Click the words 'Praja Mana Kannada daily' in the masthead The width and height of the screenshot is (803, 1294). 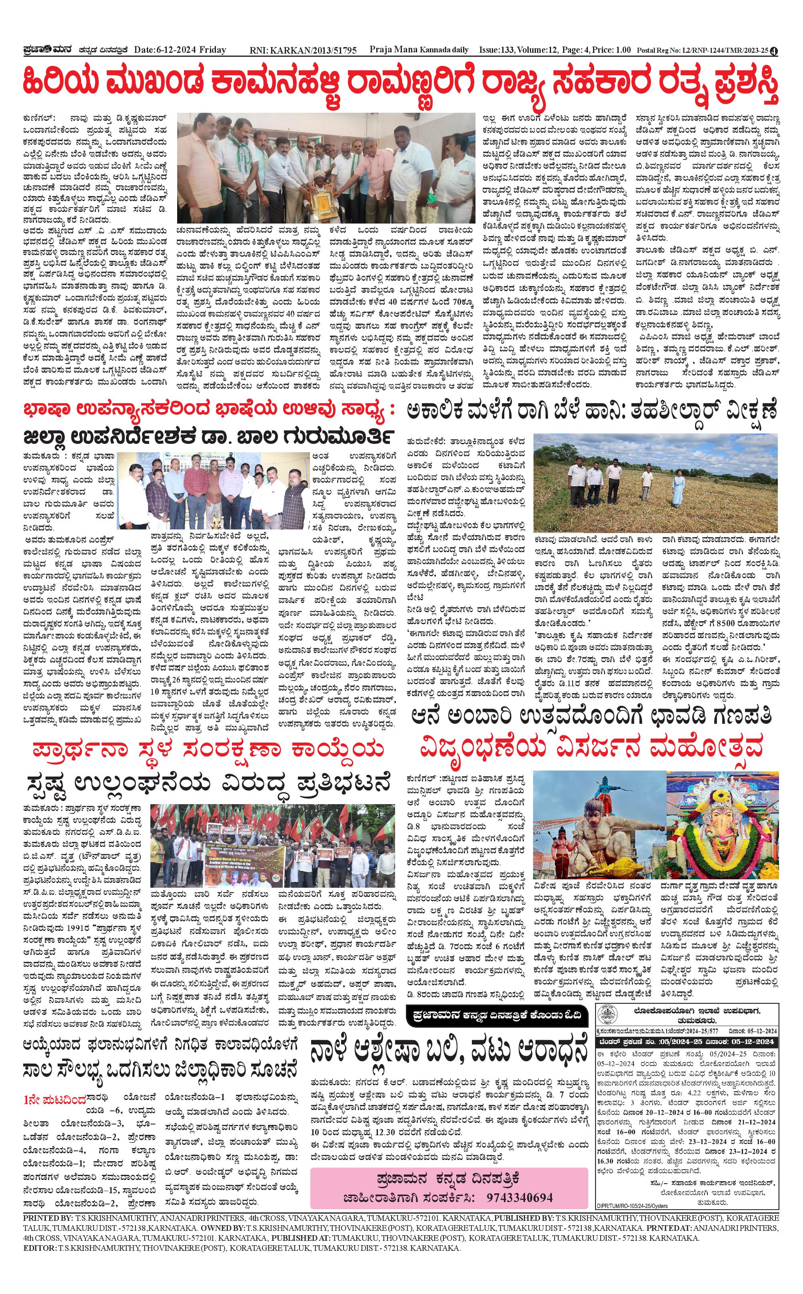[x=419, y=50]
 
